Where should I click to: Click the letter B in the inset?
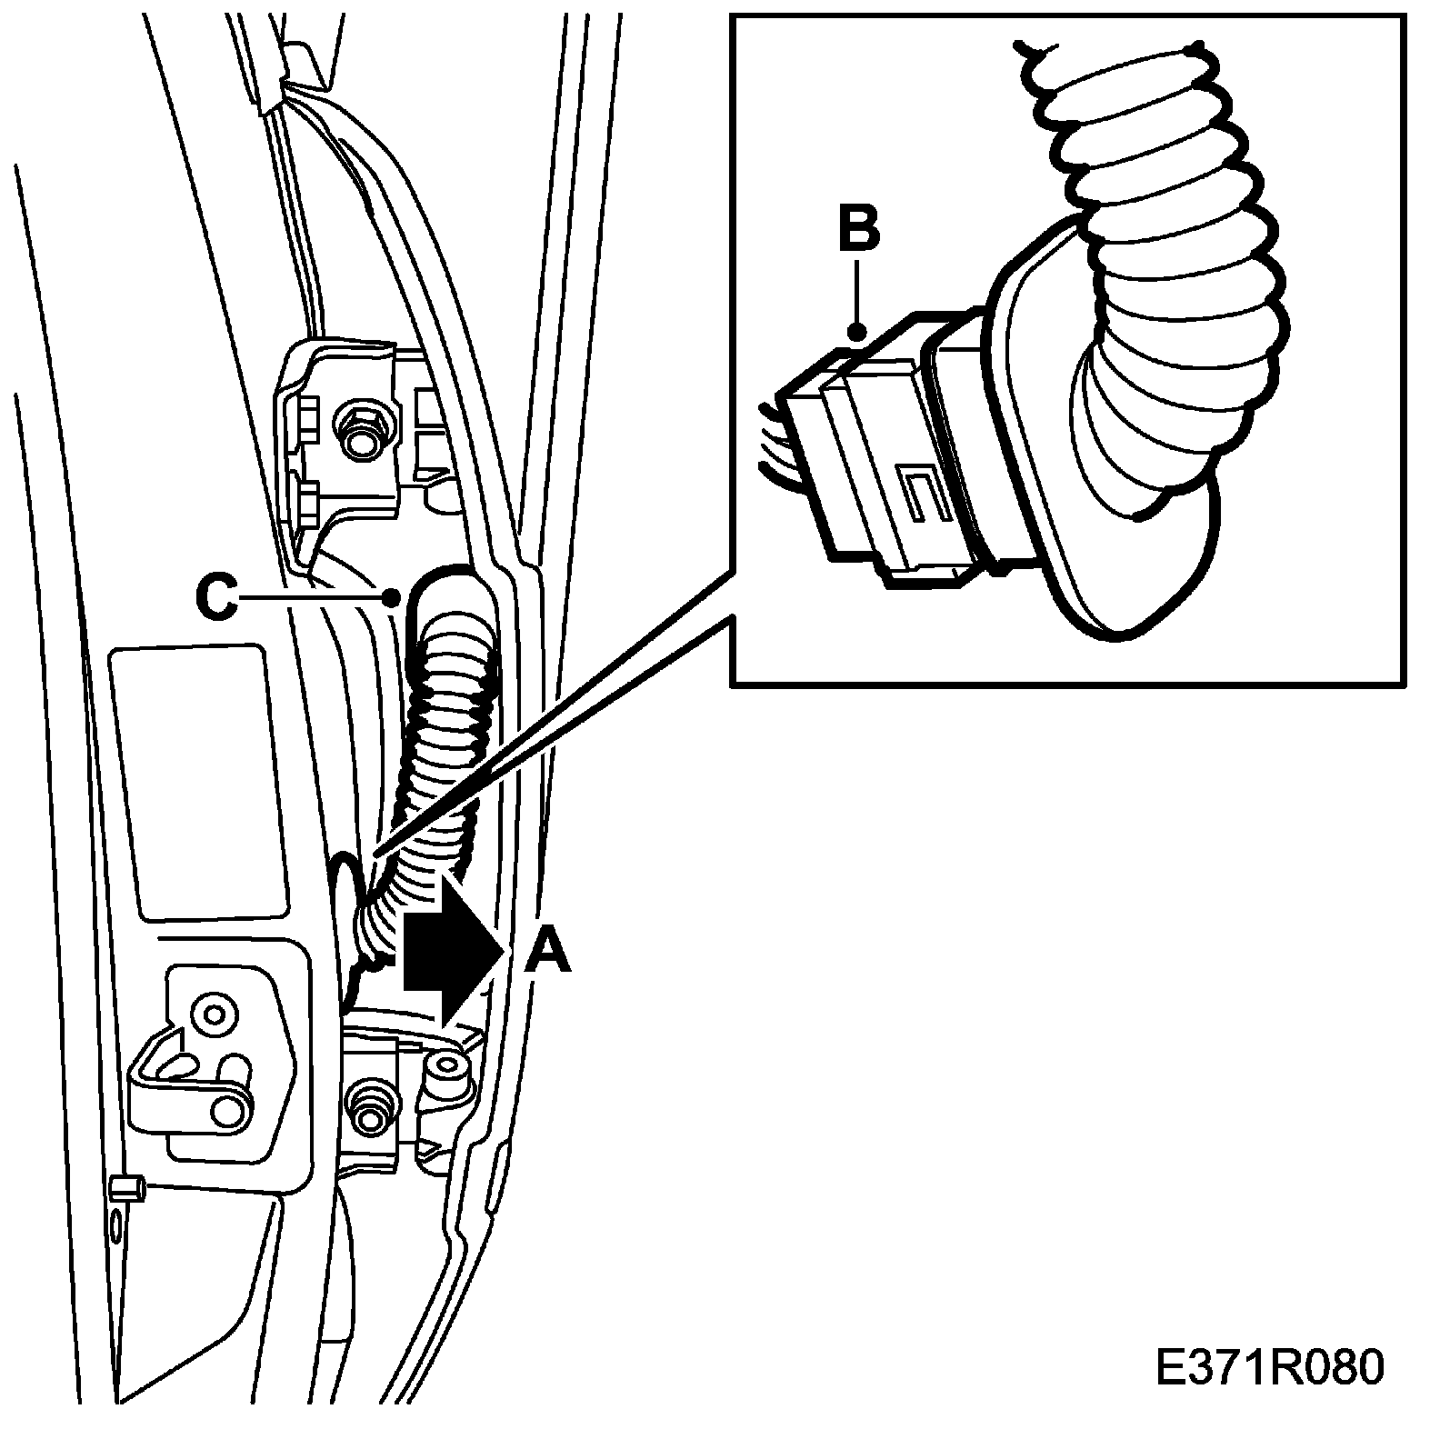click(x=858, y=230)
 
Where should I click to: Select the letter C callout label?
click(x=216, y=599)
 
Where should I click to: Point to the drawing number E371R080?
click(x=1269, y=1369)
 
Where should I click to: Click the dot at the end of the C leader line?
click(x=392, y=597)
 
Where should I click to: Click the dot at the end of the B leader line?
click(x=855, y=333)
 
